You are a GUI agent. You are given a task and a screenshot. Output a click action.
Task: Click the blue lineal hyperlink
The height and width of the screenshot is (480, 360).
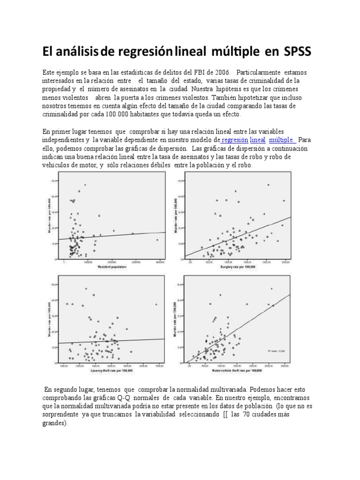click(x=258, y=140)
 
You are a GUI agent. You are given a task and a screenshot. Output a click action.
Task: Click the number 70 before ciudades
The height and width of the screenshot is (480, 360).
click(x=249, y=414)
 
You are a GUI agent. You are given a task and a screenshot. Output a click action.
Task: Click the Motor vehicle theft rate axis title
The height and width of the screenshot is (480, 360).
click(x=238, y=370)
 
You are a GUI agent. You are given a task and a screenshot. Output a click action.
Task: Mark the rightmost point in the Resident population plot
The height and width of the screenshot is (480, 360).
click(x=157, y=240)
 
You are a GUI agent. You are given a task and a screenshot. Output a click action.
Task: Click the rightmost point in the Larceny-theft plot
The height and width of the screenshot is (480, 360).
click(x=156, y=304)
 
